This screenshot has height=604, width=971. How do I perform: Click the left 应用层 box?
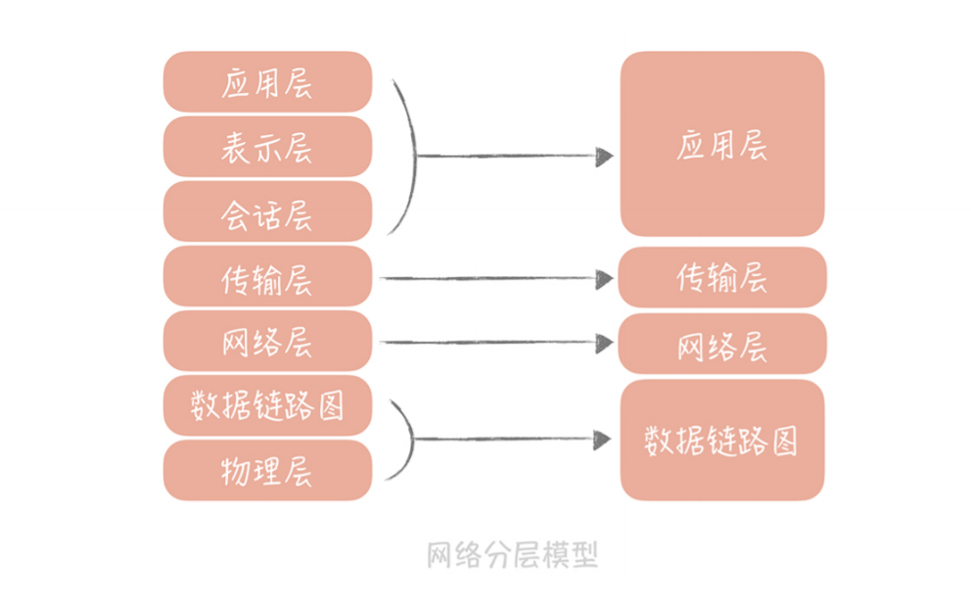(x=267, y=82)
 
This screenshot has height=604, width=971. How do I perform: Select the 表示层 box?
(x=267, y=147)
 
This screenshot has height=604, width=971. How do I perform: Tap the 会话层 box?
(x=267, y=211)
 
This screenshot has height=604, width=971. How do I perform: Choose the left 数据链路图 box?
(x=267, y=405)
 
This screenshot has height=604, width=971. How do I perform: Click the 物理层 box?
(x=267, y=470)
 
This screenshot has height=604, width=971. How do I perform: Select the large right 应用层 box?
(x=721, y=144)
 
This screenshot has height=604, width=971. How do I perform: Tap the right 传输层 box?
(x=721, y=277)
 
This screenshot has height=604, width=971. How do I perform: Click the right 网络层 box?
(x=721, y=344)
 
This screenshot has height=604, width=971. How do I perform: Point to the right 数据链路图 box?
(x=721, y=441)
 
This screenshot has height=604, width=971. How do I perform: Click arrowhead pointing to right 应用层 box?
(x=604, y=157)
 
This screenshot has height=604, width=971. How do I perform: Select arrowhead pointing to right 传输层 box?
(x=604, y=279)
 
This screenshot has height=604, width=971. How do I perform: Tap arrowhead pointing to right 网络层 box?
(x=604, y=343)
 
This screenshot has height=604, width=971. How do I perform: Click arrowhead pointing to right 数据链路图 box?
(x=604, y=441)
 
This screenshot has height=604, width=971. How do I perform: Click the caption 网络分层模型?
(x=512, y=555)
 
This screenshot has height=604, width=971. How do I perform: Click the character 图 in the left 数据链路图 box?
(x=332, y=404)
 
